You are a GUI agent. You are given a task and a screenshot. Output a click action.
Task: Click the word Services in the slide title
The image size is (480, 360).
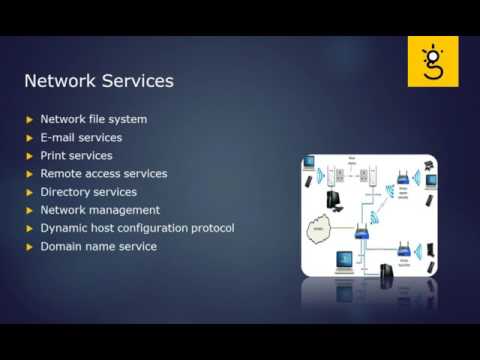coord(136,80)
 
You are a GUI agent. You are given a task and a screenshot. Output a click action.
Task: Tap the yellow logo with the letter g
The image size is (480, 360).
coord(432,61)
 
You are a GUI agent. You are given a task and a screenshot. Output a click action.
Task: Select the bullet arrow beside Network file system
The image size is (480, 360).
coord(29,120)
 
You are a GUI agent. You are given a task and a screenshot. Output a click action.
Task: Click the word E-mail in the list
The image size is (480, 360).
coord(58,138)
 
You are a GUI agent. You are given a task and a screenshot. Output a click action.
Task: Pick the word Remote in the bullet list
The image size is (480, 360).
coord(62,174)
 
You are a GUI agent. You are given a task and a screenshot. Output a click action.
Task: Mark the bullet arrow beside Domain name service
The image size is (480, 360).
coord(29,247)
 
